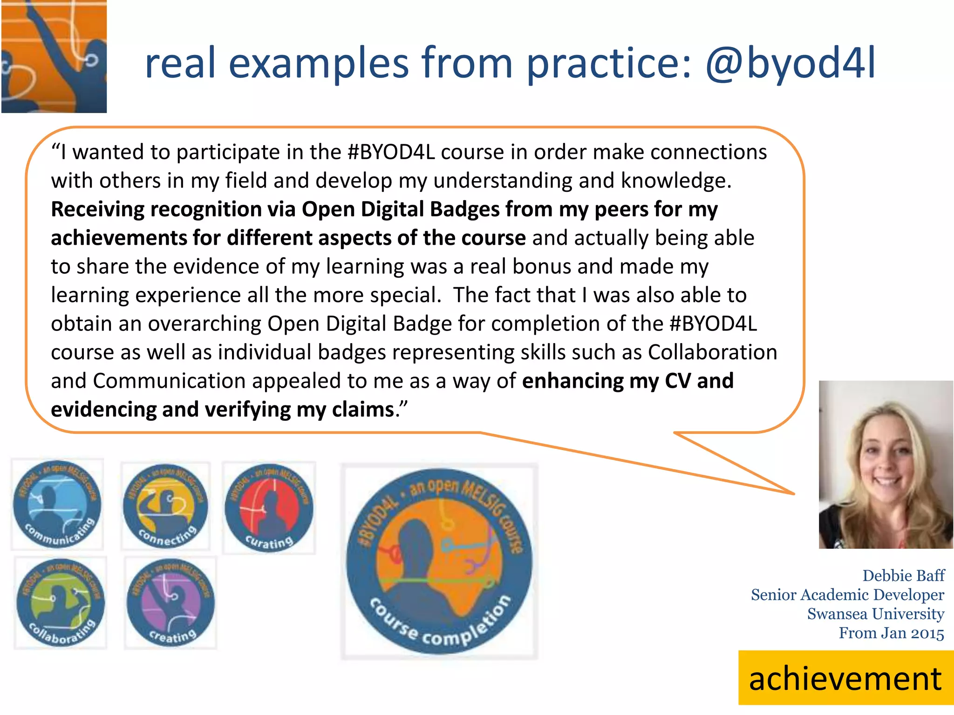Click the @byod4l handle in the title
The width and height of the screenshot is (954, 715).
click(790, 64)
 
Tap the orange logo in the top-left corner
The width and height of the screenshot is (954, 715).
click(54, 56)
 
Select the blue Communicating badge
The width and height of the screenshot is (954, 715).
click(57, 504)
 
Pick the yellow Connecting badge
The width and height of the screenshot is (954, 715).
click(165, 506)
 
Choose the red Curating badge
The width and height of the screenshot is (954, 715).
click(269, 508)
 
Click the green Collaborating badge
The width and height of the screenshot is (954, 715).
click(61, 602)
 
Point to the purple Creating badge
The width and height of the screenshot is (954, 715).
click(170, 602)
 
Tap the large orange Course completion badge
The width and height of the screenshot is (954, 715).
click(439, 561)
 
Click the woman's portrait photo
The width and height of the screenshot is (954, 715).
click(886, 464)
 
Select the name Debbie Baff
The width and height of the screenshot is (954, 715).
click(903, 576)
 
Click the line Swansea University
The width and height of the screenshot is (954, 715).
click(875, 614)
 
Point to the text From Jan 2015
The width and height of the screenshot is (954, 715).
click(891, 633)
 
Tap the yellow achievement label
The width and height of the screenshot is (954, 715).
click(845, 678)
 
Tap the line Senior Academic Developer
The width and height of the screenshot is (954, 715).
click(847, 595)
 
